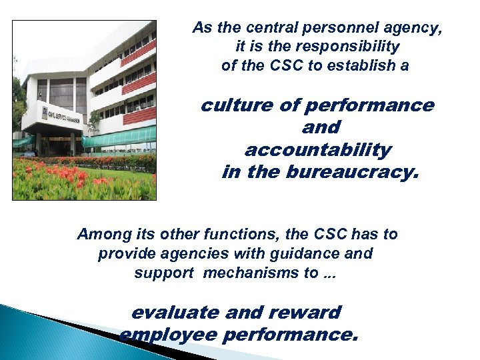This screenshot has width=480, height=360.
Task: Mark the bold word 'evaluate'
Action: point(175,312)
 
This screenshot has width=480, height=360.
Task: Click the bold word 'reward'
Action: point(308,312)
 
